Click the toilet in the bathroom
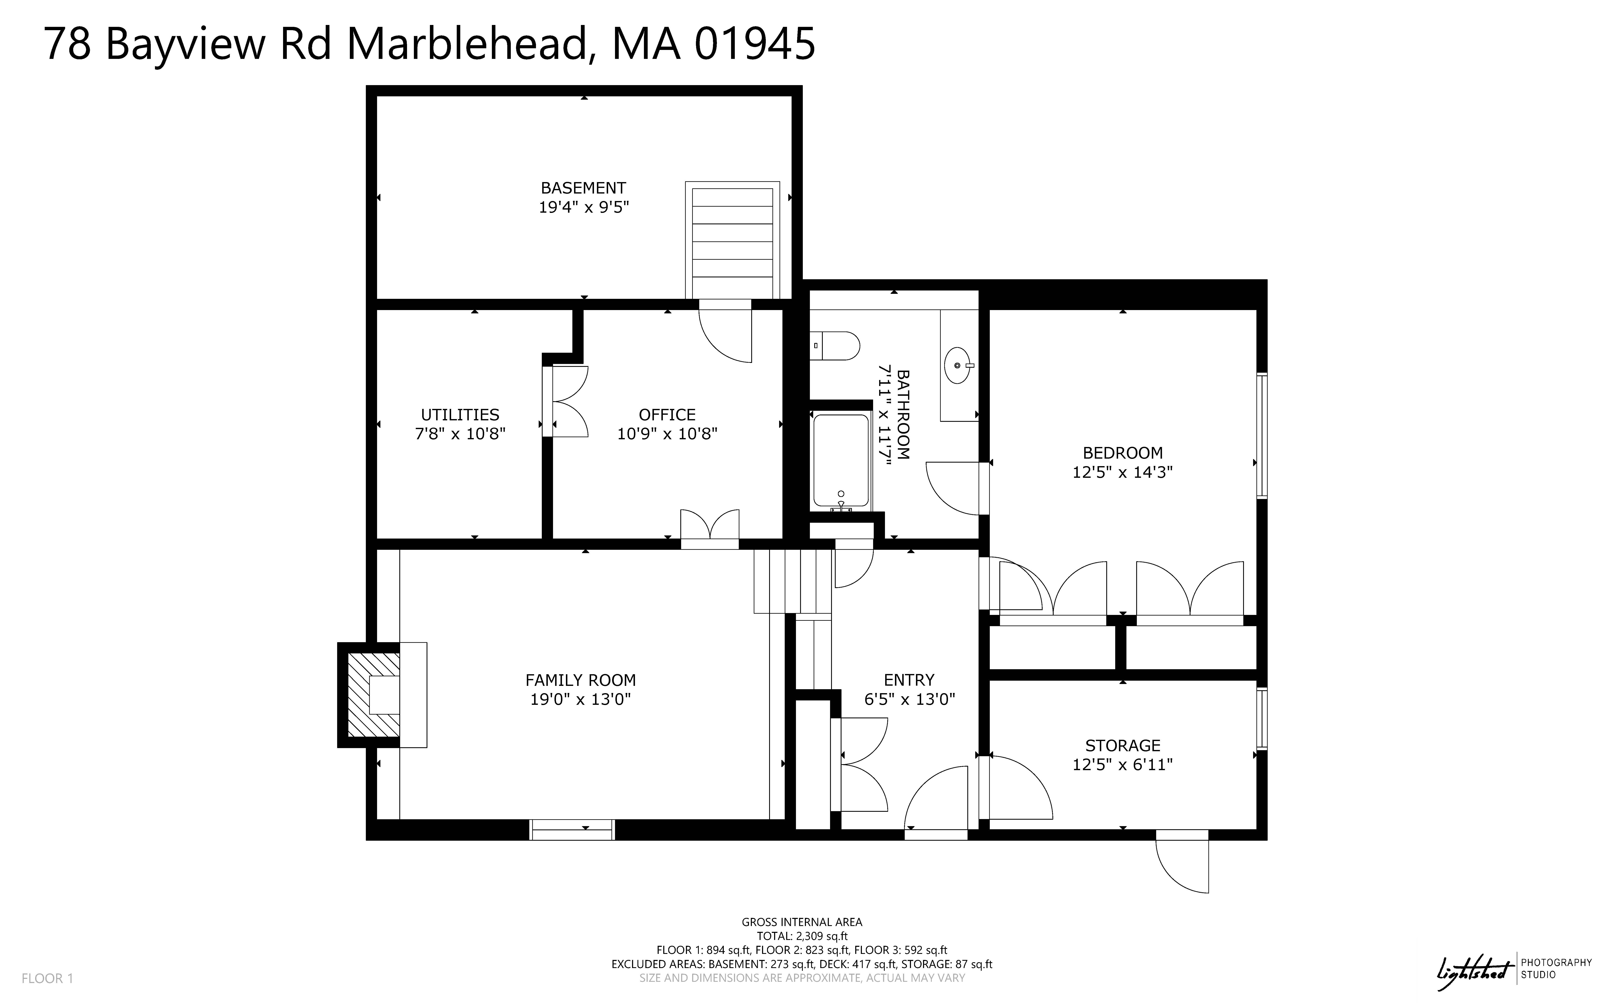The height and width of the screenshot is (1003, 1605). point(835,346)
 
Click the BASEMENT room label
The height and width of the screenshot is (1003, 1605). point(583,188)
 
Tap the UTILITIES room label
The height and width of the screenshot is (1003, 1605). point(460,415)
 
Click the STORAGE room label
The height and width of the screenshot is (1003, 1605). point(1122,746)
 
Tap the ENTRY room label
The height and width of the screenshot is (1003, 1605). point(909,680)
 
